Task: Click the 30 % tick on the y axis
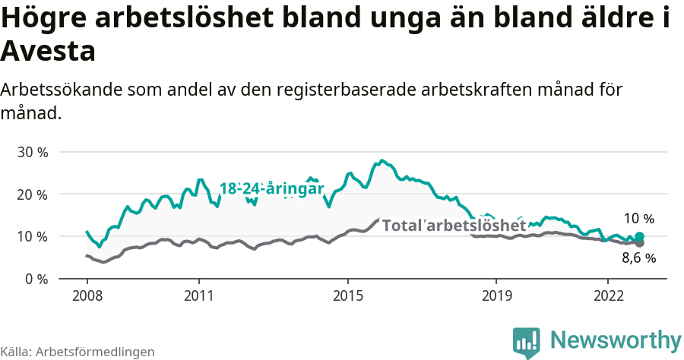coord(32,152)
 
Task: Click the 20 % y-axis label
coord(32,194)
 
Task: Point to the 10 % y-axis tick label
coord(32,236)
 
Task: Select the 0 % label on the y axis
coord(36,279)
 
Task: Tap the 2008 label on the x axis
coord(87,295)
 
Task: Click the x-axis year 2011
coord(198,295)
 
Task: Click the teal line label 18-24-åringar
coord(271,189)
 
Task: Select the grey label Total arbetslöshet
coord(454,226)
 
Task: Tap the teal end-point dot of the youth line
coord(639,237)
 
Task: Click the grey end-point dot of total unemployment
coord(639,243)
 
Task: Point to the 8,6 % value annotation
coord(638,258)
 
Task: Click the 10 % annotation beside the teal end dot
coord(638,219)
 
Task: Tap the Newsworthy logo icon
coord(527,342)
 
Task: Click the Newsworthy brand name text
coord(616,339)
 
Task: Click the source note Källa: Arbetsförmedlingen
coord(78,352)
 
